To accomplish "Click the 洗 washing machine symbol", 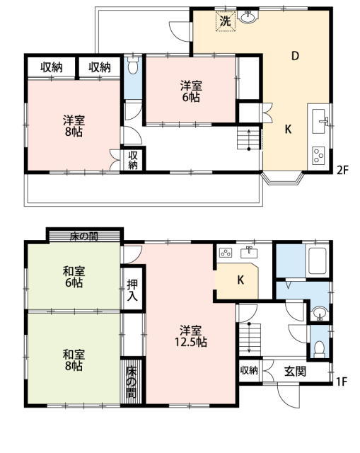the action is click(226, 21).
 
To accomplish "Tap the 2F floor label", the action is click(343, 171).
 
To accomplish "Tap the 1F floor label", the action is click(342, 382).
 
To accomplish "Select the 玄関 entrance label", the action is click(295, 371).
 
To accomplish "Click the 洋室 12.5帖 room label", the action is click(190, 336).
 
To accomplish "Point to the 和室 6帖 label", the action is click(74, 277).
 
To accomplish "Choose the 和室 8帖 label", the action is click(74, 360).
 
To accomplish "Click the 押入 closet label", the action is click(132, 290).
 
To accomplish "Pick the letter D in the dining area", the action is click(295, 56).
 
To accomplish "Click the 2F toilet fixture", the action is click(133, 66).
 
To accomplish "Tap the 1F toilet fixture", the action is click(319, 348).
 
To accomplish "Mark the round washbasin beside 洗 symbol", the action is click(248, 17).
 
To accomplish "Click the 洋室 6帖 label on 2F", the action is click(191, 91).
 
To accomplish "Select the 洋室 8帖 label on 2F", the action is click(74, 126).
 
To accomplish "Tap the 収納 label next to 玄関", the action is click(249, 370).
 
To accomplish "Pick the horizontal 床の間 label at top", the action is click(83, 236).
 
